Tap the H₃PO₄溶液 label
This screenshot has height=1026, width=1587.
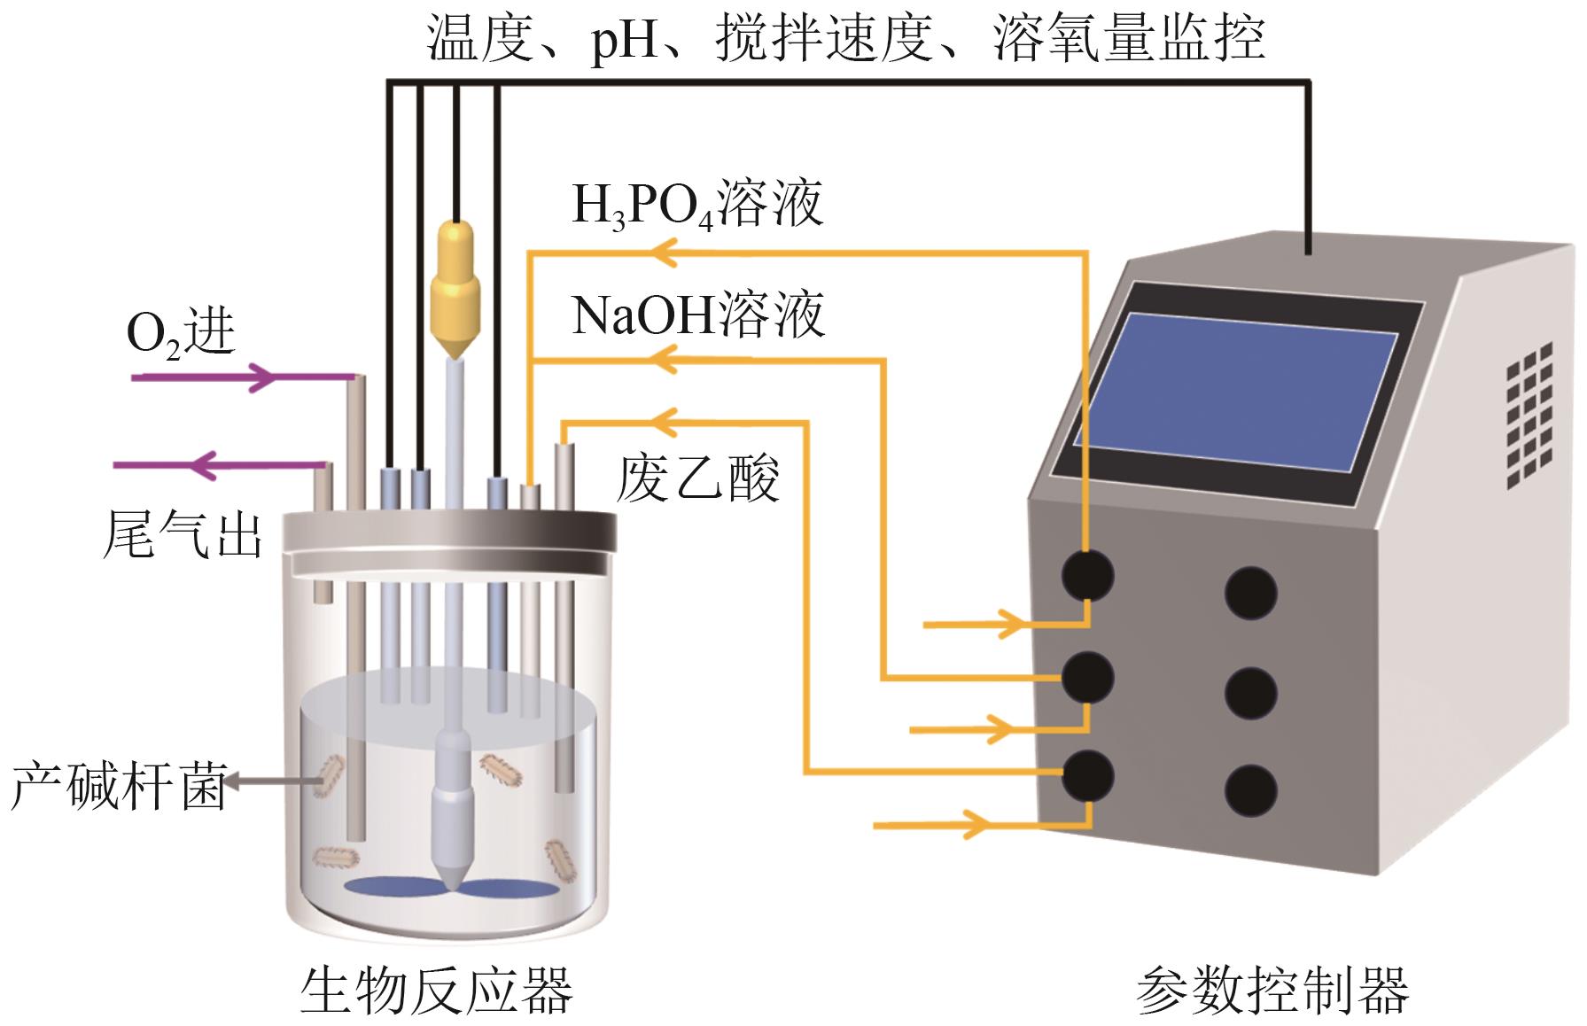tap(698, 205)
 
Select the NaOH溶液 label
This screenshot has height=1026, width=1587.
tap(698, 315)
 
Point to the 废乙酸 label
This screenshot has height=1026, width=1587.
tap(698, 478)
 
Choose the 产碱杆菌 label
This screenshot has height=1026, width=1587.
tap(118, 784)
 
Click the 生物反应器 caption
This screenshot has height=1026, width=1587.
tap(437, 990)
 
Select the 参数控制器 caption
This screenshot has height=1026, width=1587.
tap(1272, 990)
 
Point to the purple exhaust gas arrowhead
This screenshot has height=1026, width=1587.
tap(205, 464)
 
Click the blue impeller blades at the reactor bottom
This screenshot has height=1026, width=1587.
tap(452, 887)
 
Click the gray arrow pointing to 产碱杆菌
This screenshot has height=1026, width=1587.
tap(273, 781)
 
